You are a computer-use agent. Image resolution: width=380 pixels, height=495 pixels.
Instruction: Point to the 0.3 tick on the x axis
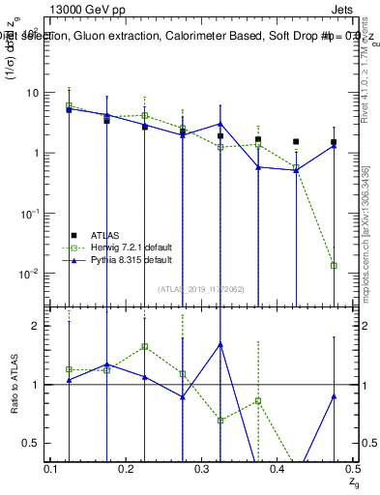[x=201, y=469]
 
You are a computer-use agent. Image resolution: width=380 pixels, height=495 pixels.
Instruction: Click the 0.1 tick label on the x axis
[x=50, y=469]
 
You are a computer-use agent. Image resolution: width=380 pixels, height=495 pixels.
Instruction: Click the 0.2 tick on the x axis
[x=126, y=469]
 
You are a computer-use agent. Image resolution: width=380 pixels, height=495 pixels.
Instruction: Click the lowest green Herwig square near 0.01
[x=334, y=265]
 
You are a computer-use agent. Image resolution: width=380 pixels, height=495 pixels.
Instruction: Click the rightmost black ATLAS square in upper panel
[x=334, y=142]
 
